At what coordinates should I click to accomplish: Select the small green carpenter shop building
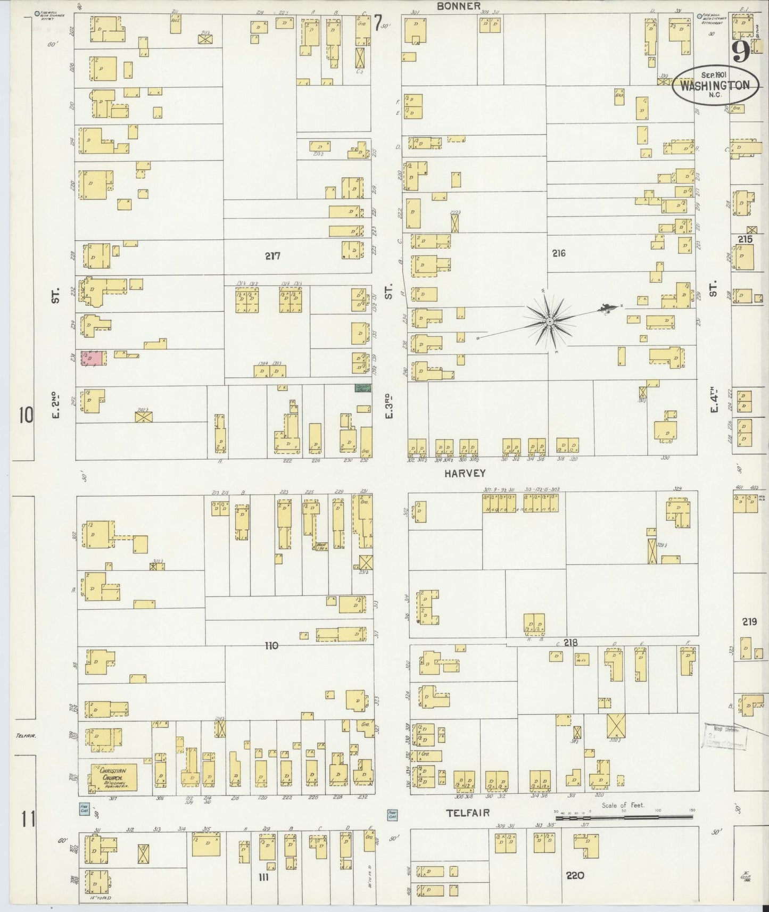(363, 389)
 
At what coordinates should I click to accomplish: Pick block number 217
(273, 256)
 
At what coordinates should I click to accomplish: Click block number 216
(558, 254)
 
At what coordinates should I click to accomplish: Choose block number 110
(271, 646)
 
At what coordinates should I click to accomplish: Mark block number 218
(570, 643)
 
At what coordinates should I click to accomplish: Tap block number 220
(575, 875)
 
